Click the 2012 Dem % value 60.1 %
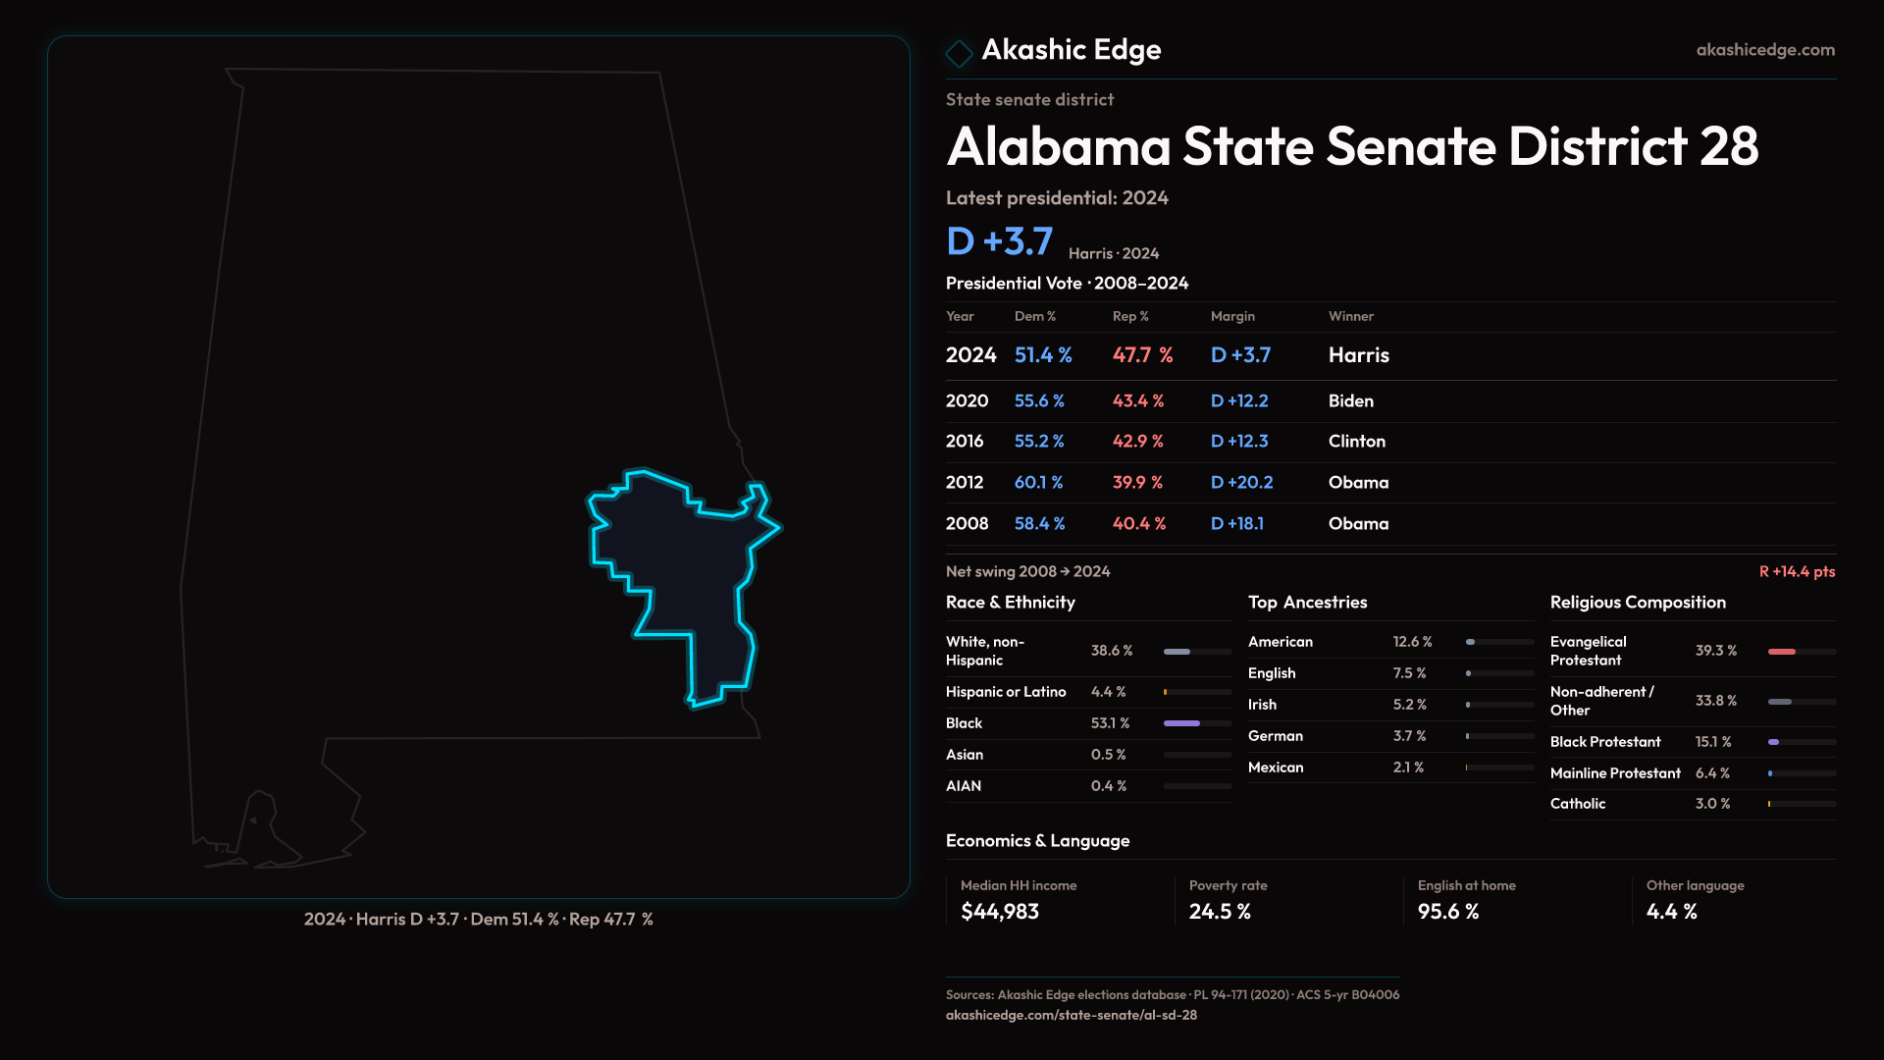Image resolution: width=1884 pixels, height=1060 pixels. point(1038,483)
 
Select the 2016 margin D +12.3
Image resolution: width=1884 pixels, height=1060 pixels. point(1239,442)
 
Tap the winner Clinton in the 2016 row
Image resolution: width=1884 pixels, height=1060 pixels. point(1356,442)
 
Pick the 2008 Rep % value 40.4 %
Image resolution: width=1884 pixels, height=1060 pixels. point(1138,524)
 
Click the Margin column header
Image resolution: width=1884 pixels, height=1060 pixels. point(1232,316)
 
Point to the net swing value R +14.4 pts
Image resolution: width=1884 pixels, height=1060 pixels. point(1796,571)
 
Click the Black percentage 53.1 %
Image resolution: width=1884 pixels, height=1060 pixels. point(1110,723)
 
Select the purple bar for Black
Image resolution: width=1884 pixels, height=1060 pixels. point(1181,723)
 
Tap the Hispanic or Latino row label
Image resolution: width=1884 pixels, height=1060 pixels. point(1005,692)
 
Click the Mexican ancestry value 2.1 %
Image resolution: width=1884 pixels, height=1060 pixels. point(1408,768)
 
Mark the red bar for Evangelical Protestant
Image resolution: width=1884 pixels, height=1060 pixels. point(1781,652)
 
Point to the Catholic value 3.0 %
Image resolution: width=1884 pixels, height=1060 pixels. point(1712,804)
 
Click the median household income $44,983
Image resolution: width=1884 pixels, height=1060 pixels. point(999,912)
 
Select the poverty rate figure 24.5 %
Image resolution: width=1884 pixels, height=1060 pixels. point(1219,912)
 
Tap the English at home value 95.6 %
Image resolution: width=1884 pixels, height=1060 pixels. point(1447,912)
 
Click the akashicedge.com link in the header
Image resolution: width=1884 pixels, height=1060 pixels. point(1764,50)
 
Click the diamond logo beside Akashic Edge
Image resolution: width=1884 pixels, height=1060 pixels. point(959,53)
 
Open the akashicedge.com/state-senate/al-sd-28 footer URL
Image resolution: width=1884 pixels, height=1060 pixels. point(1071,1015)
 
